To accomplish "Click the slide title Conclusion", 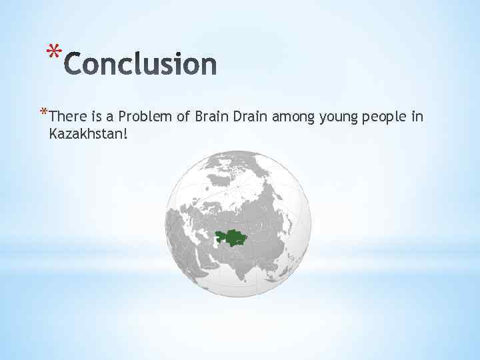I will point(141,65).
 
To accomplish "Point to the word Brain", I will point(212,117).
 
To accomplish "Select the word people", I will point(384,118).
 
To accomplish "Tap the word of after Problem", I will point(183,117).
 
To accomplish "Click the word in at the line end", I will point(417,117).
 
